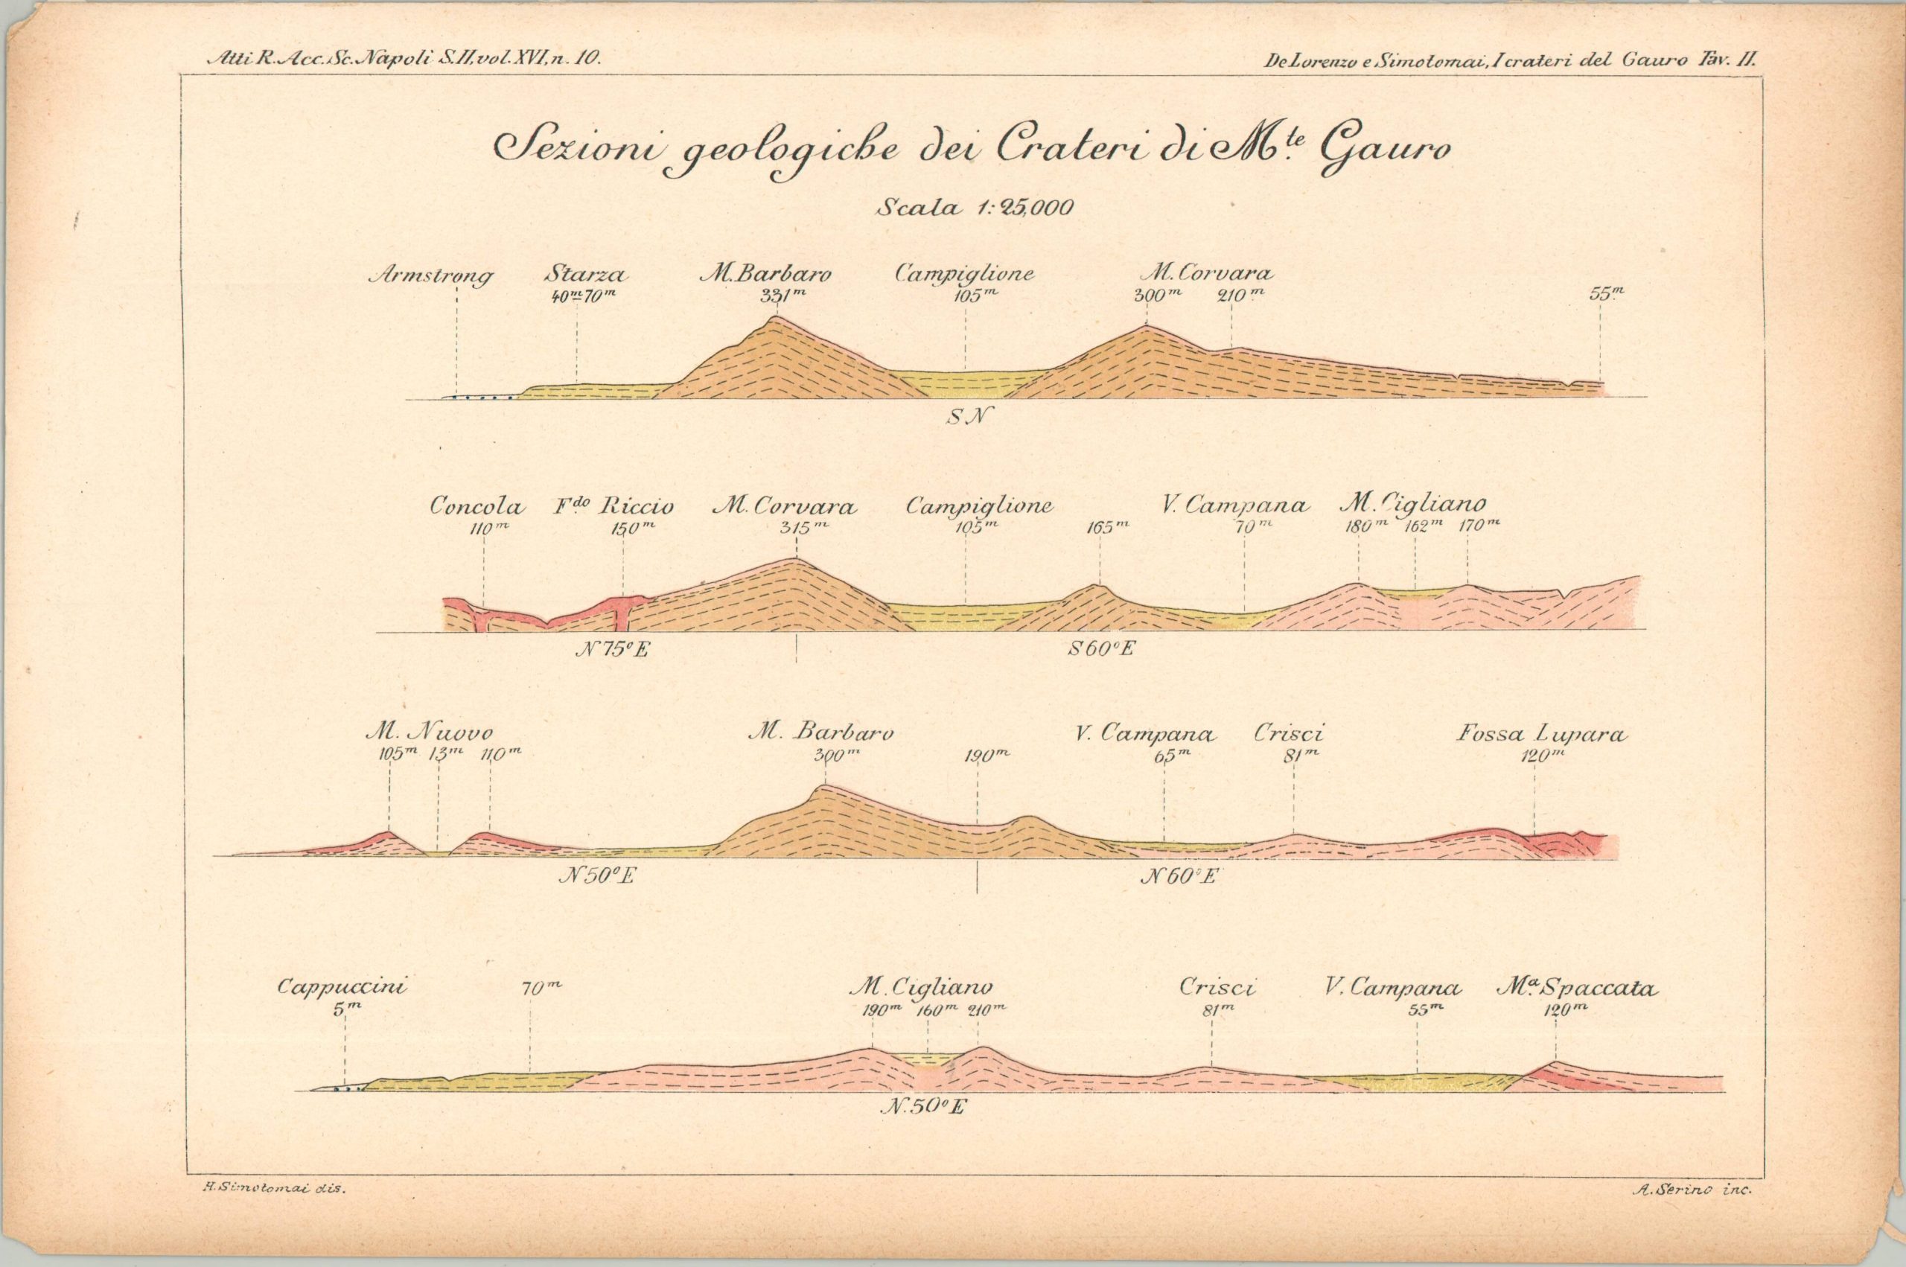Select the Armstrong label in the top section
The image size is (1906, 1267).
pyautogui.click(x=430, y=276)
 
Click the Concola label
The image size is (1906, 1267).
pyautogui.click(x=476, y=507)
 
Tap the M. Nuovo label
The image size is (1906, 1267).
pyautogui.click(x=428, y=734)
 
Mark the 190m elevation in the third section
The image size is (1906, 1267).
pyautogui.click(x=987, y=756)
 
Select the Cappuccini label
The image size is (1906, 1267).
pyautogui.click(x=342, y=987)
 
